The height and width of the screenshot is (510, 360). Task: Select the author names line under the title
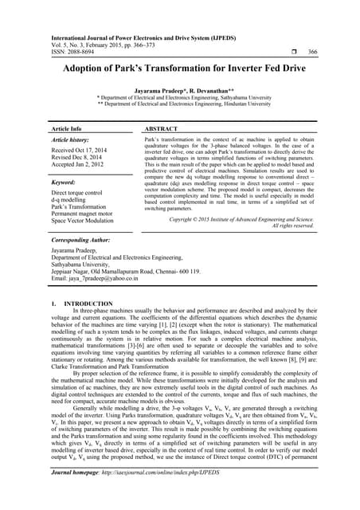click(180, 92)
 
